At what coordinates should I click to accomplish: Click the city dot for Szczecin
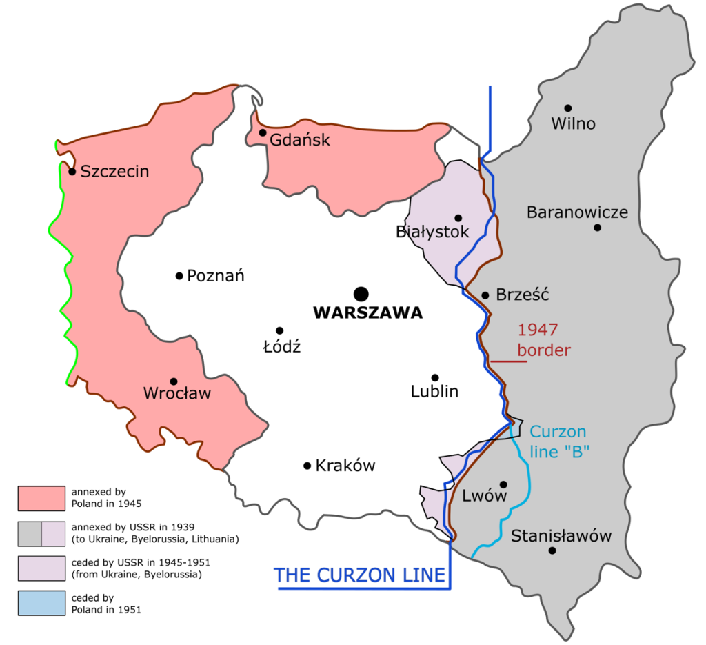[72, 171]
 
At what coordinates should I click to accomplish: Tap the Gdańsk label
[300, 140]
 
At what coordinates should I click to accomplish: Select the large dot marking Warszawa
[361, 292]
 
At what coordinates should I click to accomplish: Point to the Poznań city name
[216, 276]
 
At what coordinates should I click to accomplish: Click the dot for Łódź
[279, 330]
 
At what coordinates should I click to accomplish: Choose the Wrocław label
[176, 394]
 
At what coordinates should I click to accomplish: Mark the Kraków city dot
[307, 466]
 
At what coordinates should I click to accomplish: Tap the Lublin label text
[434, 392]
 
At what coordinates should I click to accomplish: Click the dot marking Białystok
[458, 218]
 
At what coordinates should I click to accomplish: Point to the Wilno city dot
[568, 108]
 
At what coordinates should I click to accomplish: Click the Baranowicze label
[577, 212]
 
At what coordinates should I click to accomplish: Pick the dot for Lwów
[503, 484]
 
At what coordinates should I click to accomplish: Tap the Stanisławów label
[561, 536]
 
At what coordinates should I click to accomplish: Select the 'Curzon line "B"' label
[558, 442]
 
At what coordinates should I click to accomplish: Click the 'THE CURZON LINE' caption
[360, 575]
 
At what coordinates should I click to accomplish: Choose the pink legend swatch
[41, 498]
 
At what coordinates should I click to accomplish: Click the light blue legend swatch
[41, 602]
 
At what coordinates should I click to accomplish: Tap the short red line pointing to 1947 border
[509, 361]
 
